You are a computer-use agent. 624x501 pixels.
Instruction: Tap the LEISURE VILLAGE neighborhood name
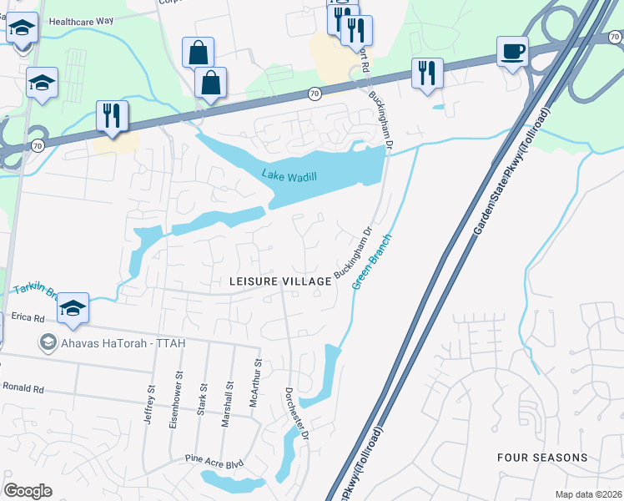(x=280, y=282)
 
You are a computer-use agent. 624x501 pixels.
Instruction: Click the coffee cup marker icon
(x=512, y=52)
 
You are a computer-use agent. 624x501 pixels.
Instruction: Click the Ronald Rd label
(x=23, y=387)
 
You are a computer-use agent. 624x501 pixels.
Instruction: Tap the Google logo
(x=28, y=491)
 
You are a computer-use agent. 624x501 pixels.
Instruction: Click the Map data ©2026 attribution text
(x=589, y=494)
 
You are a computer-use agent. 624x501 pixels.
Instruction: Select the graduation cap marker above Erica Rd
(x=73, y=309)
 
